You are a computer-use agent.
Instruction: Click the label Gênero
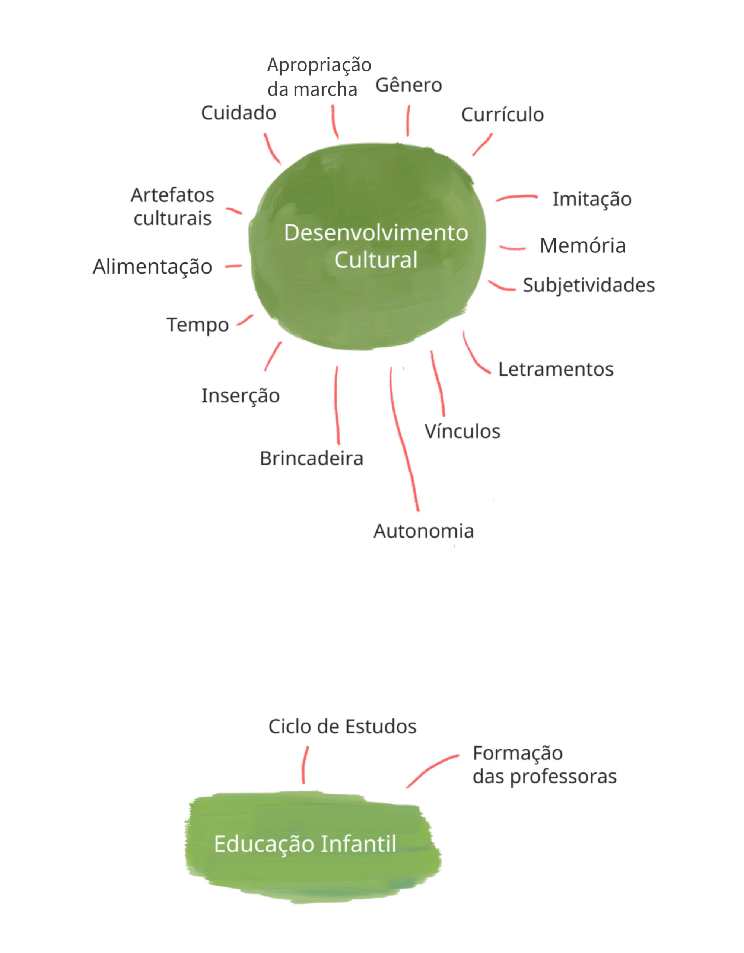coord(408,86)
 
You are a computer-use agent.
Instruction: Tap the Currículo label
coord(502,115)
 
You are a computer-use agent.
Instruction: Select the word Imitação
coord(592,200)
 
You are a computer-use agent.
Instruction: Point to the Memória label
coord(582,246)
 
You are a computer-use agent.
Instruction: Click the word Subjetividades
coord(589,286)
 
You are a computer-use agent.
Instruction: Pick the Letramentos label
coord(556,370)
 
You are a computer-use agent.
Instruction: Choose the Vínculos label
coord(462,431)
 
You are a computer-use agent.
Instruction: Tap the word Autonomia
coord(423,532)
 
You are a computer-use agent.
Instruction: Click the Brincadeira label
coord(311,459)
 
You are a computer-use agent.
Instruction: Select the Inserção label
coord(240,396)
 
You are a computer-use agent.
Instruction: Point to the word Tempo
coord(198,325)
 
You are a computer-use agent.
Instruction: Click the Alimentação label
coord(152,267)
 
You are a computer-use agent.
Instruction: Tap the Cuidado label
coord(238,114)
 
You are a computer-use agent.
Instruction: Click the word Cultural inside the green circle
coord(376,260)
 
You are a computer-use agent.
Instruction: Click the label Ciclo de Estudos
coord(342,727)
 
